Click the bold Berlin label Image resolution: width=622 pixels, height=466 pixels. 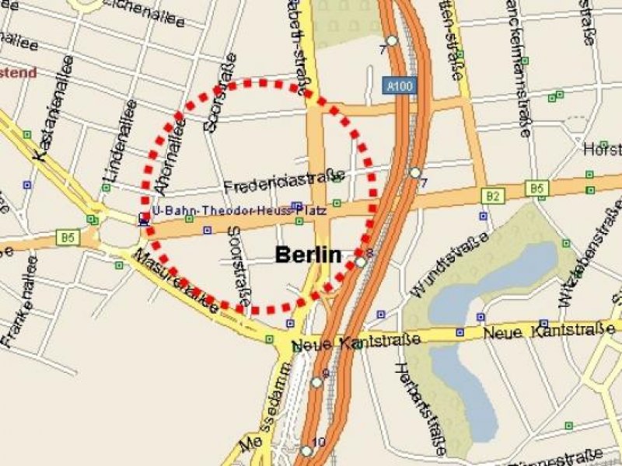click(309, 254)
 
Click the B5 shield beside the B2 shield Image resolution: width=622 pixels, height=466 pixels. click(536, 188)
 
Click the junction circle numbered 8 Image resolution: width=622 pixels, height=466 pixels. click(362, 263)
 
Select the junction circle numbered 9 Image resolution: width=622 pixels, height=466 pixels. click(316, 382)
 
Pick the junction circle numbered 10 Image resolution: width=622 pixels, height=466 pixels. click(307, 450)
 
